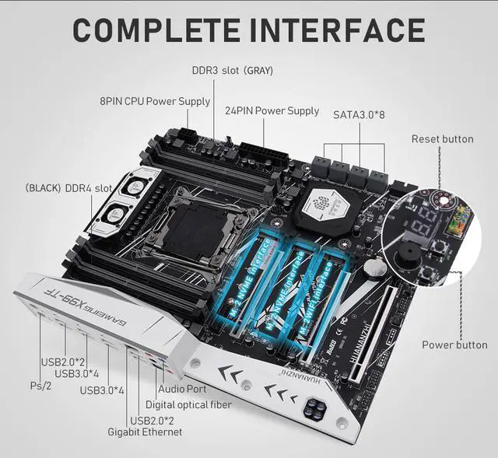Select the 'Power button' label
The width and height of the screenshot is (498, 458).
(454, 344)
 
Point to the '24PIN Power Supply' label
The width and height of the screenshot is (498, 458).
(272, 110)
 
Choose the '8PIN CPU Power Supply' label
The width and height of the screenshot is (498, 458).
(155, 101)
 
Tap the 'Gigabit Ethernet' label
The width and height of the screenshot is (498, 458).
(146, 431)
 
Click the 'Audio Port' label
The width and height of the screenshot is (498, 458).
(182, 388)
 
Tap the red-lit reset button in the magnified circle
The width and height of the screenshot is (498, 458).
(444, 201)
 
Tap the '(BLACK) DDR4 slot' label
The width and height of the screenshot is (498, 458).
(68, 188)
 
